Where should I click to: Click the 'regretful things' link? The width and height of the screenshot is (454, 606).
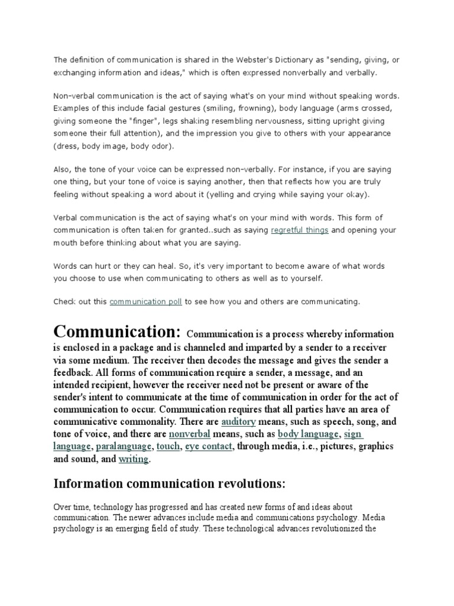299,230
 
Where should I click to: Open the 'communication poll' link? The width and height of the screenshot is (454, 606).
146,302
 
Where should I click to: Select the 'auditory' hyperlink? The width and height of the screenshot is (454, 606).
238,422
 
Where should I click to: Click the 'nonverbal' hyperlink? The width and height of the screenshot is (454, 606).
189,434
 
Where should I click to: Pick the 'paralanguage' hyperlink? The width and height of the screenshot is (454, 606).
123,447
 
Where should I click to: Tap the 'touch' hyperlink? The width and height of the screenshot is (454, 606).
168,447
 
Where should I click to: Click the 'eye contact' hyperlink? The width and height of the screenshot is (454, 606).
209,447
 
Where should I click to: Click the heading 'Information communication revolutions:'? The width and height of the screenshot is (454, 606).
169,484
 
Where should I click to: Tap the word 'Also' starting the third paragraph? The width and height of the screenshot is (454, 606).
63,169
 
